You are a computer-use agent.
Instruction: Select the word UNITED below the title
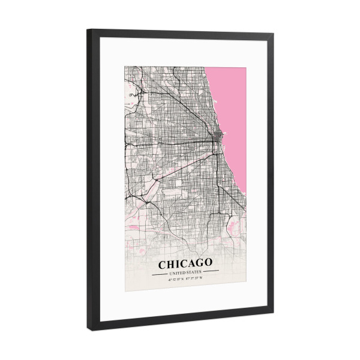pyautogui.click(x=178, y=272)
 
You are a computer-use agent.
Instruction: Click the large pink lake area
pyautogui.click(x=231, y=114)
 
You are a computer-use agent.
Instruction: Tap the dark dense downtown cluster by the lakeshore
pyautogui.click(x=217, y=137)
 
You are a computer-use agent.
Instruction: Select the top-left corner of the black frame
pyautogui.click(x=88, y=31)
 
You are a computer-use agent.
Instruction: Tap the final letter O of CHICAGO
pyautogui.click(x=208, y=263)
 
